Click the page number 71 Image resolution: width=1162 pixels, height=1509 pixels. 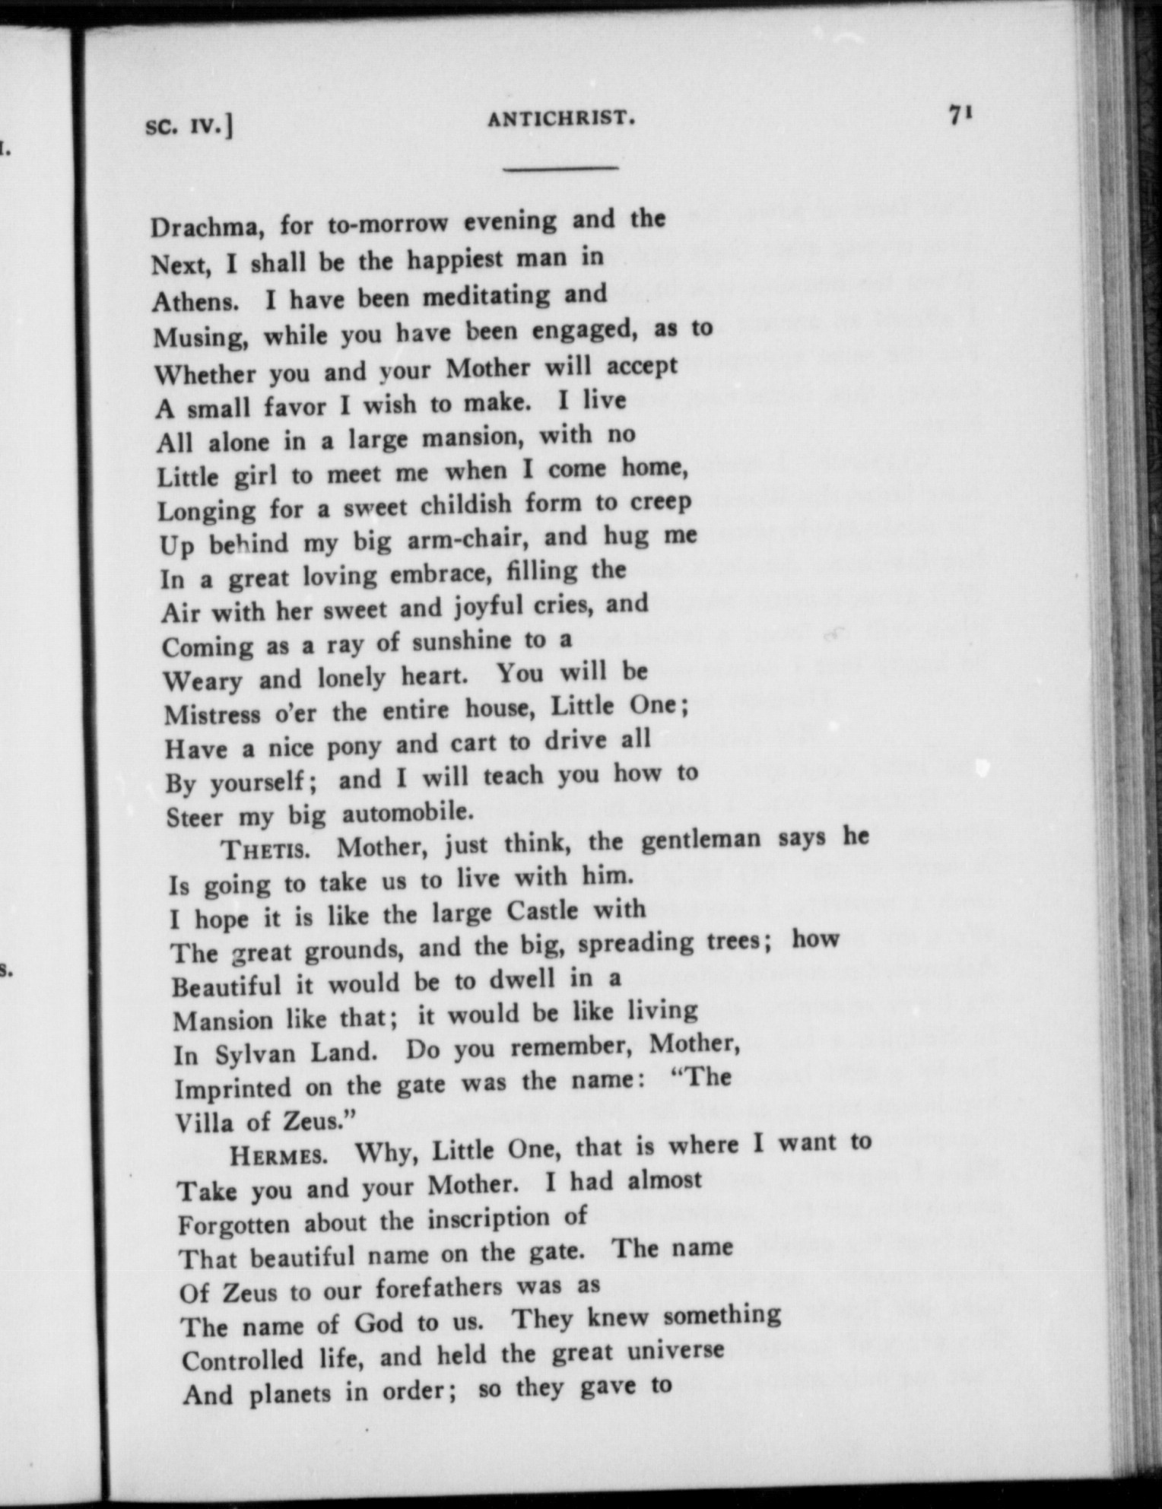(960, 115)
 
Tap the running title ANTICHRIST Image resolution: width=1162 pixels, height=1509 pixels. (560, 119)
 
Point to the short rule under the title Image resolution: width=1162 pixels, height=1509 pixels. (560, 167)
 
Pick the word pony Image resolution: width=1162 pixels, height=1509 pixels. (353, 747)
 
